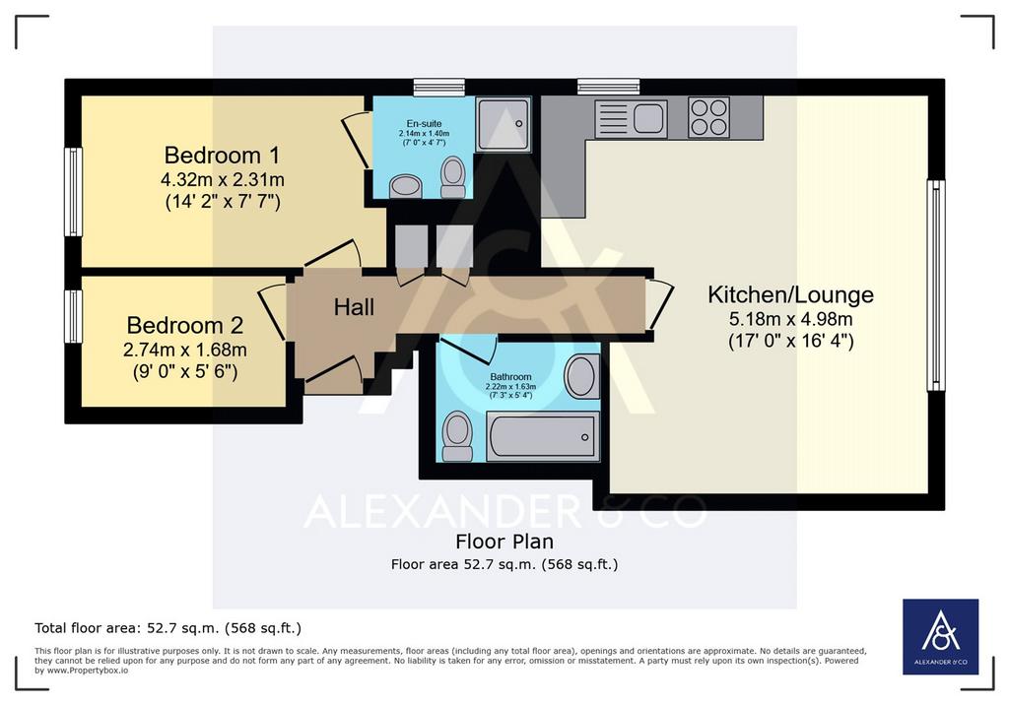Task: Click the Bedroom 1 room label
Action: (x=222, y=155)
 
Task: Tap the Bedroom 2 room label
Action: (x=184, y=325)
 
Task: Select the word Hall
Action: (x=354, y=307)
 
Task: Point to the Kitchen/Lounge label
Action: (x=791, y=294)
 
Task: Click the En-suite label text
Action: (x=424, y=123)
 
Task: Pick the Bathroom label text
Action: (x=511, y=377)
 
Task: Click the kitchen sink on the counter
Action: (x=632, y=118)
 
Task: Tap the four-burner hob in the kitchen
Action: (x=708, y=117)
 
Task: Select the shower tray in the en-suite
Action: (x=504, y=124)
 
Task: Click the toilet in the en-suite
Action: (x=453, y=177)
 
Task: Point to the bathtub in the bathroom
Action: (x=543, y=436)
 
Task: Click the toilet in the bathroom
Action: (x=457, y=436)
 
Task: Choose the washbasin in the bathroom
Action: (x=581, y=376)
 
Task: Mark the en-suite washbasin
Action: (x=405, y=187)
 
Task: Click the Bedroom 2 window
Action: (x=74, y=316)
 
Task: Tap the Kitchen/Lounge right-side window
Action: (x=936, y=286)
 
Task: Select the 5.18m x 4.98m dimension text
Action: (x=791, y=319)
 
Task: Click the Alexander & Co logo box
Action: (x=940, y=637)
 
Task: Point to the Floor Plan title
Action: (x=504, y=542)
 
